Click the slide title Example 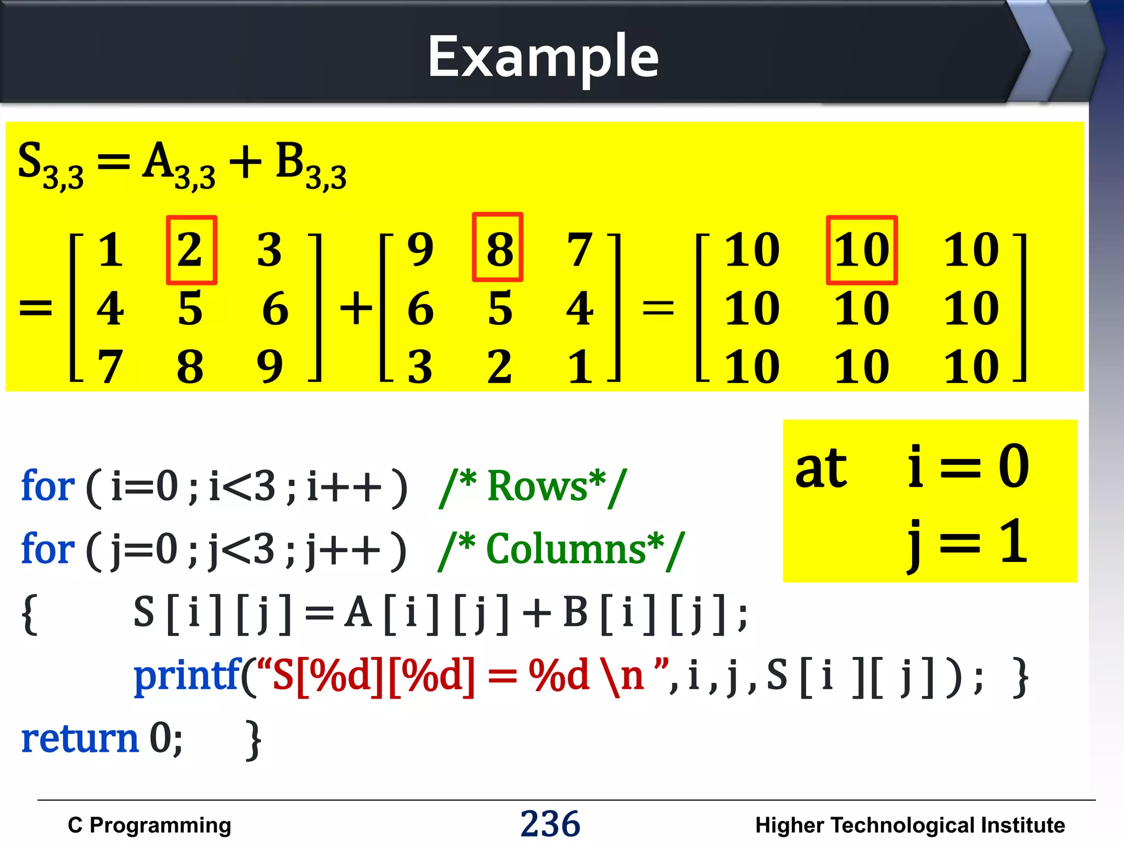pos(543,57)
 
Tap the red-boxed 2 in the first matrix pos(191,250)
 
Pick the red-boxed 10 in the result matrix pos(862,250)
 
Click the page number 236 pos(550,823)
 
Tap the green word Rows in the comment pos(537,486)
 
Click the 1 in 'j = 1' pos(1013,541)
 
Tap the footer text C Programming pos(149,825)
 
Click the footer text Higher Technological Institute pos(910,825)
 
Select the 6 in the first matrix pos(275,308)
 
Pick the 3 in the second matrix pos(420,367)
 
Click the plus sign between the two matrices pos(356,308)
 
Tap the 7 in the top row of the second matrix pos(580,250)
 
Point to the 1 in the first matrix pos(110,250)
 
